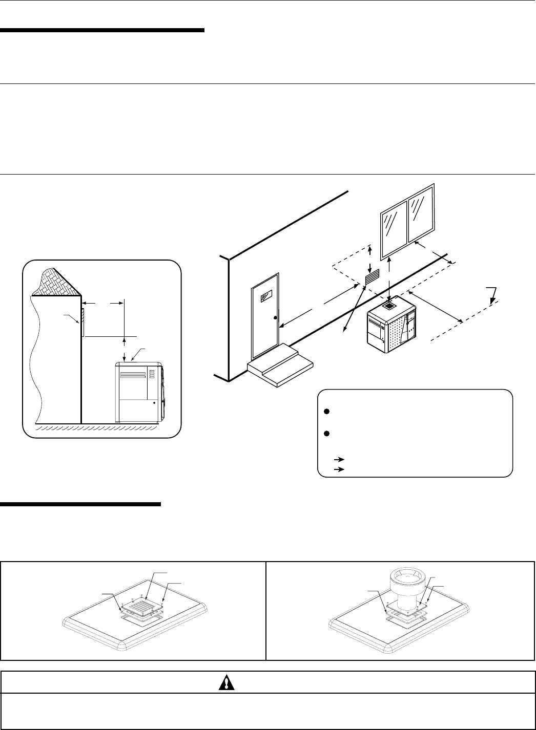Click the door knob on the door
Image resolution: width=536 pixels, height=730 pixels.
pyautogui.click(x=275, y=318)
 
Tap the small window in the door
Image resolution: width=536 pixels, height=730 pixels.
pyautogui.click(x=266, y=296)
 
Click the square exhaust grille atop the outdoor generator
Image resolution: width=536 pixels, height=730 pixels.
pyautogui.click(x=390, y=305)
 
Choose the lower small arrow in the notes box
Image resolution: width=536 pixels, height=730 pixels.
pyautogui.click(x=338, y=469)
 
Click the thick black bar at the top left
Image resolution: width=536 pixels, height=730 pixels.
pyautogui.click(x=102, y=31)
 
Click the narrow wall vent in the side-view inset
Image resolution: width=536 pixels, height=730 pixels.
pyautogui.click(x=82, y=322)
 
